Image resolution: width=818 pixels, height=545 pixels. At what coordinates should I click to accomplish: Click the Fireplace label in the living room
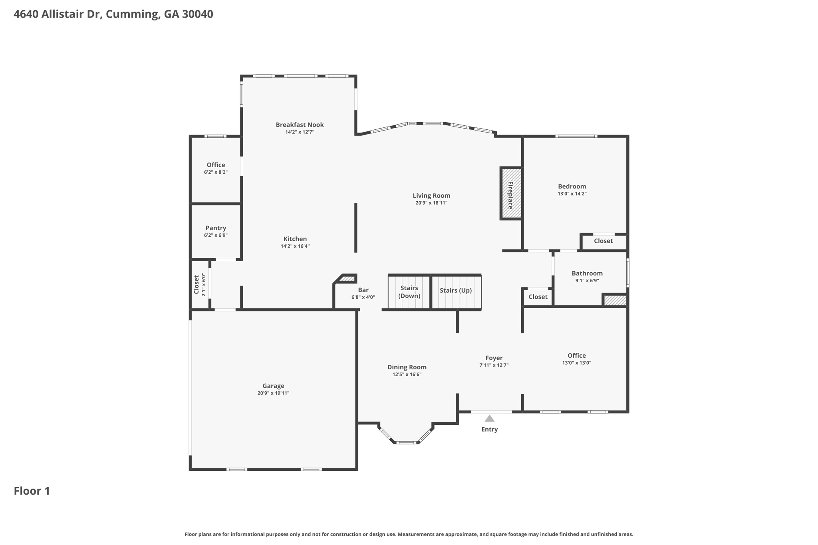tap(510, 195)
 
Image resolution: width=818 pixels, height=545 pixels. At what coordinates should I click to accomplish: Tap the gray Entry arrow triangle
tap(489, 418)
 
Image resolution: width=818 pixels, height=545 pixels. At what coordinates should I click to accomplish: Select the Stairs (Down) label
tap(409, 292)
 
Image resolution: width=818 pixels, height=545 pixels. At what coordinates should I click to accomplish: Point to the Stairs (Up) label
tap(455, 290)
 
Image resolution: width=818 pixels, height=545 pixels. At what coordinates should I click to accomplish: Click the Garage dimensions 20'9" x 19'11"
tap(273, 393)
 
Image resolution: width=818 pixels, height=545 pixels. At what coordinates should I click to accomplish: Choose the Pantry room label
tap(216, 228)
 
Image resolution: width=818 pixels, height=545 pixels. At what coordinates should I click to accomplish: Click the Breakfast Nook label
tap(300, 125)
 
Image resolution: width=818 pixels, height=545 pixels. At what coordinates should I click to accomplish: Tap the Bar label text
tap(363, 290)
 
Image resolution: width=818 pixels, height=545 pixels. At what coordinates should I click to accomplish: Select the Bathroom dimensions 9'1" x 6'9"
tap(587, 280)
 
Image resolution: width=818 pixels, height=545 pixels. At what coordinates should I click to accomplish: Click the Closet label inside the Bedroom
tap(603, 241)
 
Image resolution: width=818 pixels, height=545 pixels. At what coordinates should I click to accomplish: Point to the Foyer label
tap(494, 358)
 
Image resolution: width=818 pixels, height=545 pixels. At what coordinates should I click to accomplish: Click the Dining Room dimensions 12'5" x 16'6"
tap(407, 374)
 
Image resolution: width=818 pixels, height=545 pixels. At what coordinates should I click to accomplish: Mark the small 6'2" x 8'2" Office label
tap(216, 165)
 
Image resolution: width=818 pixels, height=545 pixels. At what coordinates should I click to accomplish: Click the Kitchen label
tap(295, 239)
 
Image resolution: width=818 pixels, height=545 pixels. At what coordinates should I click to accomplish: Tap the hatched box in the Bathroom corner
tap(615, 300)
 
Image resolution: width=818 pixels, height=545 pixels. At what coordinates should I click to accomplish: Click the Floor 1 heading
tap(32, 491)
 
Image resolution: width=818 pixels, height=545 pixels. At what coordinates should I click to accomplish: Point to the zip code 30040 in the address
tap(197, 14)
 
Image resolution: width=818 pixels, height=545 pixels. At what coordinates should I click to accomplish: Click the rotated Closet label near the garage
tap(197, 284)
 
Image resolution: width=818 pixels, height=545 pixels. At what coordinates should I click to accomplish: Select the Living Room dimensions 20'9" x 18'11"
tap(431, 203)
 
